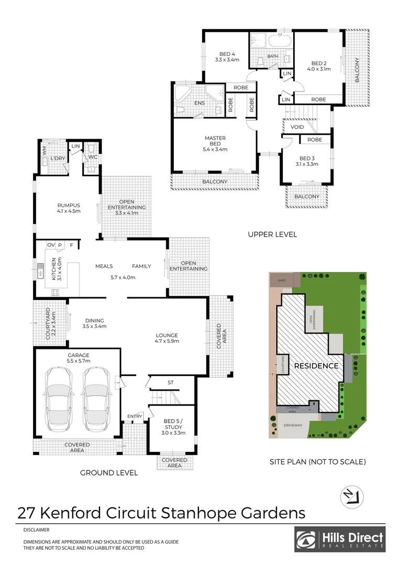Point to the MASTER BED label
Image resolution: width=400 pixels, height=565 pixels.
click(x=215, y=141)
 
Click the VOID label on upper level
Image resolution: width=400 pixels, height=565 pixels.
click(x=297, y=127)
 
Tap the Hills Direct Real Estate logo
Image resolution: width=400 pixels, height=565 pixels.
click(x=339, y=539)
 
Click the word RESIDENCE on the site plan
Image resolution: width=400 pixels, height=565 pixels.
click(x=316, y=366)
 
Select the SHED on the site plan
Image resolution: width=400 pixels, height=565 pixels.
click(x=282, y=280)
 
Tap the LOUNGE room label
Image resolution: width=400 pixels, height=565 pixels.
click(x=167, y=338)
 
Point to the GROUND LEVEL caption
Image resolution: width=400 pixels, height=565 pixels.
click(x=108, y=473)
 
